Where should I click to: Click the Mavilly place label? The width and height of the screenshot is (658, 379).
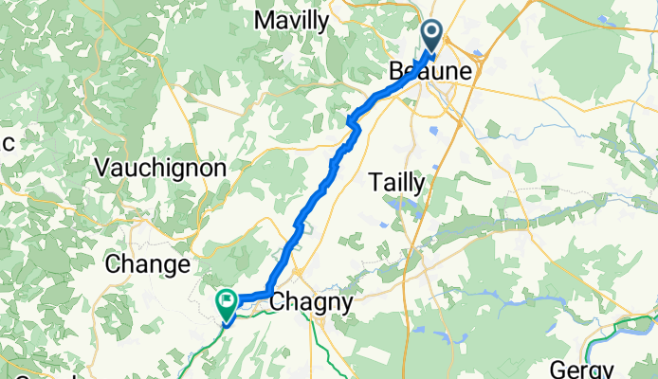point(292,20)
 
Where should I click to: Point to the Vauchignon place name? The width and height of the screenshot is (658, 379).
point(161,168)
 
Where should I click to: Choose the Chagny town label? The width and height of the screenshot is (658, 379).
point(312,303)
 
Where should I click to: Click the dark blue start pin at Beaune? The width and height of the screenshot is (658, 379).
point(432,35)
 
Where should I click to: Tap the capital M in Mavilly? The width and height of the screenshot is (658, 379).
point(263,20)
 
